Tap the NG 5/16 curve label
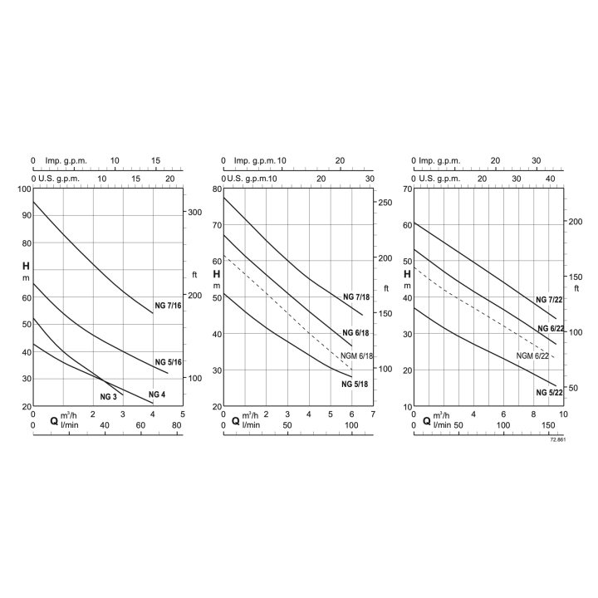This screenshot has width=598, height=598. point(169,362)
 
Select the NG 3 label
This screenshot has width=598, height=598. point(109,397)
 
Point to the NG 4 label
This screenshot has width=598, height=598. point(156,394)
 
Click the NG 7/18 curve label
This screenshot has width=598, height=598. point(357,297)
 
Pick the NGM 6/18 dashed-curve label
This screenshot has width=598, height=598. point(359,355)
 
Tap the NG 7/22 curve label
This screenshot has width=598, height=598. point(550,300)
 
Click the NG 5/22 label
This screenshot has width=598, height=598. point(550,390)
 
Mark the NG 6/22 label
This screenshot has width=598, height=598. point(551,329)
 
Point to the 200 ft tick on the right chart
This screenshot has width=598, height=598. point(574,221)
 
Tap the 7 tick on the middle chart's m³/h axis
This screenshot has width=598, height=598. point(373,414)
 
